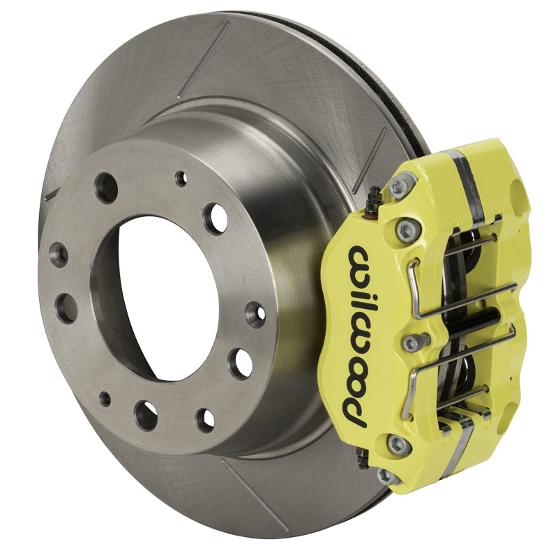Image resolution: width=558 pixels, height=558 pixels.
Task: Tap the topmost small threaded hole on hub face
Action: (x=181, y=179)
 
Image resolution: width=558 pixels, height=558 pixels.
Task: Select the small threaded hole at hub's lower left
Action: (x=105, y=399)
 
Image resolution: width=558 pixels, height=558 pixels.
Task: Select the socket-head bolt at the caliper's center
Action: (x=412, y=342)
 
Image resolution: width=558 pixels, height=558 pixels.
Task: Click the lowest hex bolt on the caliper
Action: (x=385, y=476)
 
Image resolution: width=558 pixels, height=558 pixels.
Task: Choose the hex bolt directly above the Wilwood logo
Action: (x=405, y=229)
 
